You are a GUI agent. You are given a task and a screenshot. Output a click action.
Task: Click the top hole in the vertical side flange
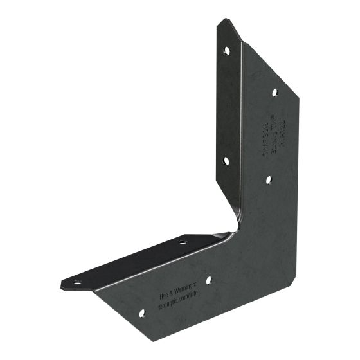(226, 49)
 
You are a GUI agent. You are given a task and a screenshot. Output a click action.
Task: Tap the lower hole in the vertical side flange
(226, 160)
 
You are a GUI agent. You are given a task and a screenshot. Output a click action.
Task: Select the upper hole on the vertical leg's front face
(274, 93)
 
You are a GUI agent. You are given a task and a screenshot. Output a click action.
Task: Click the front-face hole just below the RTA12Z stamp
(269, 180)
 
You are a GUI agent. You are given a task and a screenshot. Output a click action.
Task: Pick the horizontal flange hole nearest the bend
(183, 242)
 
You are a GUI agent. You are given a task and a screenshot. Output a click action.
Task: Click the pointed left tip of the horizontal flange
(62, 283)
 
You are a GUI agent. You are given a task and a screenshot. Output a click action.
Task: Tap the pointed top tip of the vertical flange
(222, 20)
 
